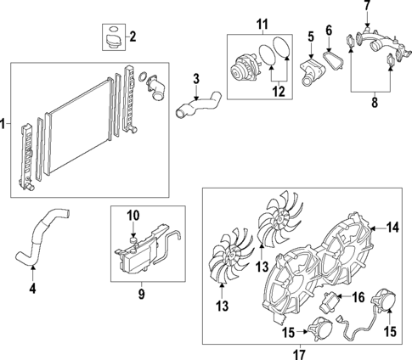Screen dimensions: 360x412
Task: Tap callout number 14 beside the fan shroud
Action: pos(392,227)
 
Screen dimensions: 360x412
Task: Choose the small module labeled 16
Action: pos(332,299)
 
